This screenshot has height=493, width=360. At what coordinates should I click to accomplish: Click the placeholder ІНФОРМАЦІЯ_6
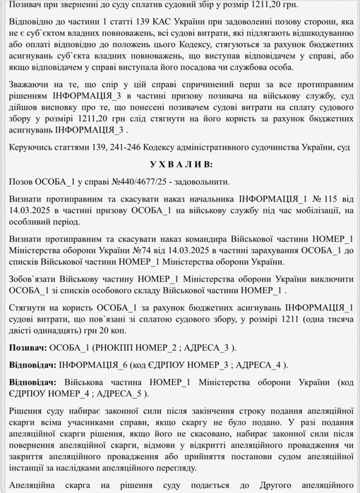(x=96, y=365)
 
